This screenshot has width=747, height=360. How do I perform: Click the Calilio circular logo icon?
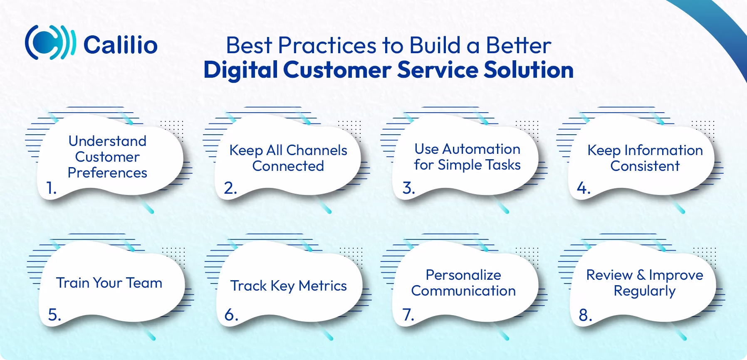(x=50, y=43)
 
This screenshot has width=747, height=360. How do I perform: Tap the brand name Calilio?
(x=120, y=44)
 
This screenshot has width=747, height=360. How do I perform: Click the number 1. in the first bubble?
(x=51, y=188)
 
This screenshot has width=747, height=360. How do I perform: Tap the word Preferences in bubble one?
(x=107, y=173)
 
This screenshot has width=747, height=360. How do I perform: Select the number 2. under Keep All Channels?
(x=230, y=188)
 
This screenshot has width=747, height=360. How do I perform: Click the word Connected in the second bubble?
(x=288, y=166)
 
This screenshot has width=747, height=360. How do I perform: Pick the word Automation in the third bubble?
(x=481, y=149)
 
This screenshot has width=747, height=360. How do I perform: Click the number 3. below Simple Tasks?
(x=408, y=188)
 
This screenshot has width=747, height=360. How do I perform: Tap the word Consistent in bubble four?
(x=645, y=166)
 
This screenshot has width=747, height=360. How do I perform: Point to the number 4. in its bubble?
(x=584, y=188)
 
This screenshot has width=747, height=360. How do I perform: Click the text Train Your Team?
(x=109, y=283)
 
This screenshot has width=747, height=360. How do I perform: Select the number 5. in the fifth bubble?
(x=54, y=315)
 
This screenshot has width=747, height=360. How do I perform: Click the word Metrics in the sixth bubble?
(x=323, y=286)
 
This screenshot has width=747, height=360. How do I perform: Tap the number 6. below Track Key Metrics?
(x=231, y=315)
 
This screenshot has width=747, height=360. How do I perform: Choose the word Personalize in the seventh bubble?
(x=463, y=275)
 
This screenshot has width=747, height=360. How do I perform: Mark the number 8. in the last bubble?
(x=585, y=315)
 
